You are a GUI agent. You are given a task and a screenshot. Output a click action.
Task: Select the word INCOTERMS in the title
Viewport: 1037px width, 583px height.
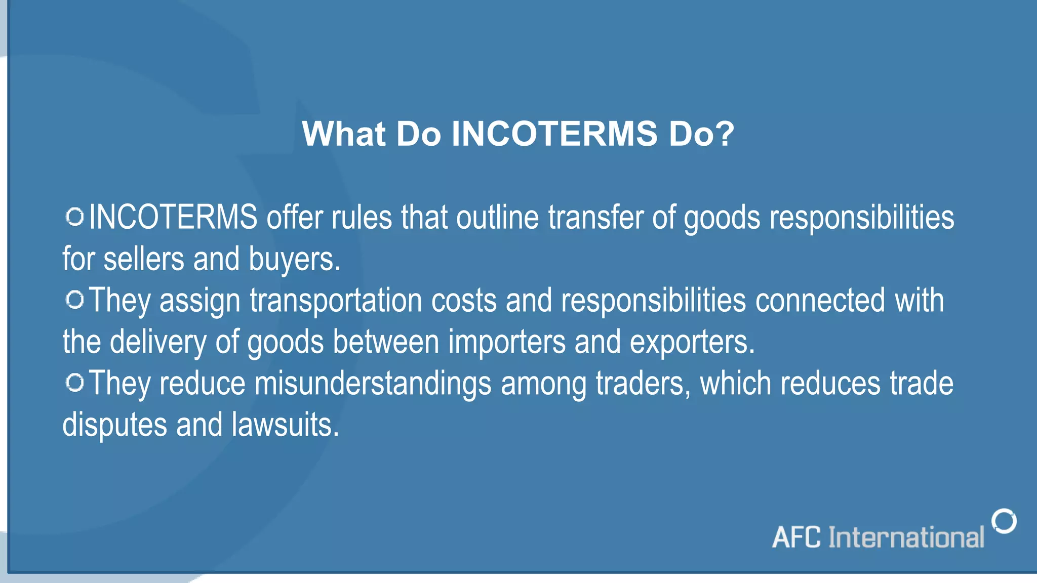click(554, 134)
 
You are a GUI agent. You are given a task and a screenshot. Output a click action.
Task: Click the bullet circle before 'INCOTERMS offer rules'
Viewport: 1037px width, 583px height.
click(75, 217)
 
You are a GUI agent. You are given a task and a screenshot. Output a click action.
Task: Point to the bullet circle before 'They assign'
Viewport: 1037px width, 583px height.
click(75, 300)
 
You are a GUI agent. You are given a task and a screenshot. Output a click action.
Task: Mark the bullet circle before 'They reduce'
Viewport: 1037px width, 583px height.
click(75, 383)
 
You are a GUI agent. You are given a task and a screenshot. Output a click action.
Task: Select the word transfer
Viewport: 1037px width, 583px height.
click(595, 218)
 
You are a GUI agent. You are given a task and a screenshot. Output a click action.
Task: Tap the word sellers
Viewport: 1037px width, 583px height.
click(143, 259)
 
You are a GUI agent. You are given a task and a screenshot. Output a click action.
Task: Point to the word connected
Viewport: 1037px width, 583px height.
click(820, 301)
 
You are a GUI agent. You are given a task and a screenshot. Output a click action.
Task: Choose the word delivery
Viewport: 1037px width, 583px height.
click(158, 342)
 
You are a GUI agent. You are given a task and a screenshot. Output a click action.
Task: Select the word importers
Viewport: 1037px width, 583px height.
click(506, 342)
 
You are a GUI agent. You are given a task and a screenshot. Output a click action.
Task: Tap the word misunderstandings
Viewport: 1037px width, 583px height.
click(373, 384)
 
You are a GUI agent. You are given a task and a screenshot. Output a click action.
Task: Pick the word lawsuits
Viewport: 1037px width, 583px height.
click(285, 425)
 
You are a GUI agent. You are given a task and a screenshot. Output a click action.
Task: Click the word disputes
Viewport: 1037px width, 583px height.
click(114, 425)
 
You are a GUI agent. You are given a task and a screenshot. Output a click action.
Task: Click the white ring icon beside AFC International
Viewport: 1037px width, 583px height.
click(1004, 521)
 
